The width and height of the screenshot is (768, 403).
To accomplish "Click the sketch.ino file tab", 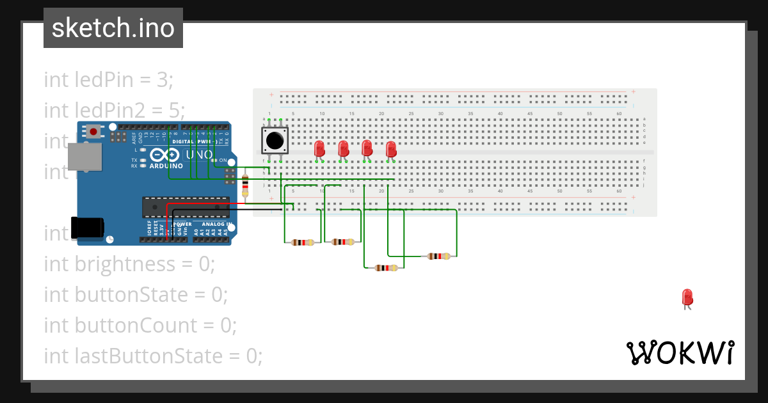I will [x=113, y=28].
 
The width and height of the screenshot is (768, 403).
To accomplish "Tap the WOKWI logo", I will [x=680, y=352].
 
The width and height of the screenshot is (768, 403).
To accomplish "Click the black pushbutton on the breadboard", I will [x=275, y=140].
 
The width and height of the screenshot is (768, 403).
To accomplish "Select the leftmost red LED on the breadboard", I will [x=320, y=148].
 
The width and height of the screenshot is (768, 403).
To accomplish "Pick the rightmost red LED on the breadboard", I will [x=391, y=149].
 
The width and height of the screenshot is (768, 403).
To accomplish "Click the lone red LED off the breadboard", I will [x=687, y=297].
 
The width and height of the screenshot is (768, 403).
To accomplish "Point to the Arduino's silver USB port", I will [x=84, y=157].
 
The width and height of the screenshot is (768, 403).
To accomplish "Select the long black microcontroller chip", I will [x=186, y=207].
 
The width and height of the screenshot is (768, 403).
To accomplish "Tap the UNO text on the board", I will [x=200, y=155].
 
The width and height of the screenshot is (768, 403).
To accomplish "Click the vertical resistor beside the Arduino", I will [x=246, y=185].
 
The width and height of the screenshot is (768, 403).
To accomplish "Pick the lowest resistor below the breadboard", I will [x=386, y=267].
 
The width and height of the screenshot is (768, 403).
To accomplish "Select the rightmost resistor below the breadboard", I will [x=438, y=256].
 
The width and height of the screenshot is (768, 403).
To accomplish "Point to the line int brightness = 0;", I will [x=129, y=264].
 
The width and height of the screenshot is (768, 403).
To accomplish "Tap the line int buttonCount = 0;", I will [x=140, y=325].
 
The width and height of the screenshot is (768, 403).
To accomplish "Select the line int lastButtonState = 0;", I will [x=153, y=356].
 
